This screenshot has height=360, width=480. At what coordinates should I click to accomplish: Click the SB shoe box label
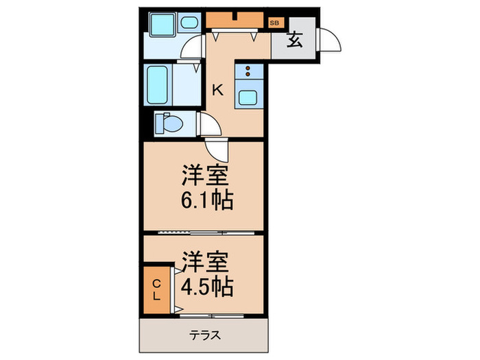[x=275, y=23]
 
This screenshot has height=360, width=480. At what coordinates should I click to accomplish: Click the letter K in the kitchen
[x=217, y=89]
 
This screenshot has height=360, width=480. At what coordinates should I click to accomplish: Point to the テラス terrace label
[x=204, y=336]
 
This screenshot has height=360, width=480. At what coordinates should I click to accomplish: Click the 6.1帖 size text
[x=206, y=201]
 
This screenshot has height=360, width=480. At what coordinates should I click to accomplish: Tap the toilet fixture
[x=171, y=124]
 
